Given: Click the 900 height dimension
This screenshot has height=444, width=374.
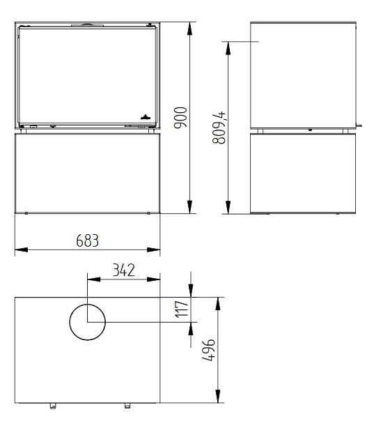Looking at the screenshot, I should click(x=180, y=118).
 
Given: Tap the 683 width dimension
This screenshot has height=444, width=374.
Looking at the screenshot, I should click(x=88, y=240).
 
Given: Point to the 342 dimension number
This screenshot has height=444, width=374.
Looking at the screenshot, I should click(x=123, y=270).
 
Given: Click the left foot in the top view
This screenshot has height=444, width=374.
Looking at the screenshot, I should click(x=51, y=406).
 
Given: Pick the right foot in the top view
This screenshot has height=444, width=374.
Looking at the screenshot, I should click(x=126, y=406).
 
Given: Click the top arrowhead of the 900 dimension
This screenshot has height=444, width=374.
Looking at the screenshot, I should click(x=190, y=27).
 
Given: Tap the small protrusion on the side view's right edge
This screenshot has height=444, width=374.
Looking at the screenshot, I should click(x=359, y=125).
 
